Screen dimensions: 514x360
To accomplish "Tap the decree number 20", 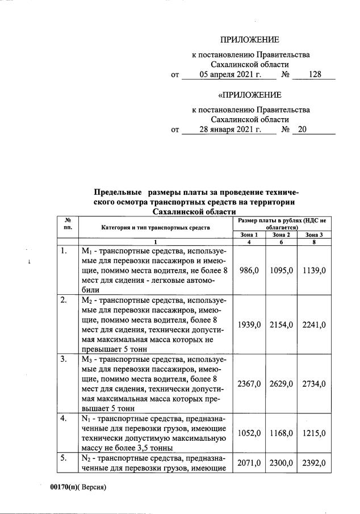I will click(x=302, y=129).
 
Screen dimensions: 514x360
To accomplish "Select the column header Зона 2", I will click(x=281, y=235).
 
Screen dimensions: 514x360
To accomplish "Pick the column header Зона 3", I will click(x=314, y=235).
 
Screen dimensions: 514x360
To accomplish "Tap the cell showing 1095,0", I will click(x=282, y=271).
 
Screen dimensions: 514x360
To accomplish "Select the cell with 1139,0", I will click(x=315, y=271).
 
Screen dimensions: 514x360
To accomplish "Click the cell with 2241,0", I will click(x=315, y=324).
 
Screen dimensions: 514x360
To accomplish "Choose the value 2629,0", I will click(x=282, y=384).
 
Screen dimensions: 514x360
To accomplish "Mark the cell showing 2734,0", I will click(x=315, y=384).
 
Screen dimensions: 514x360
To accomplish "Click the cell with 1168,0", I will click(x=282, y=433).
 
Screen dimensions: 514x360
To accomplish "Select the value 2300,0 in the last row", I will click(x=282, y=463).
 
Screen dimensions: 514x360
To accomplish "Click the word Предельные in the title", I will click(x=119, y=193).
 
